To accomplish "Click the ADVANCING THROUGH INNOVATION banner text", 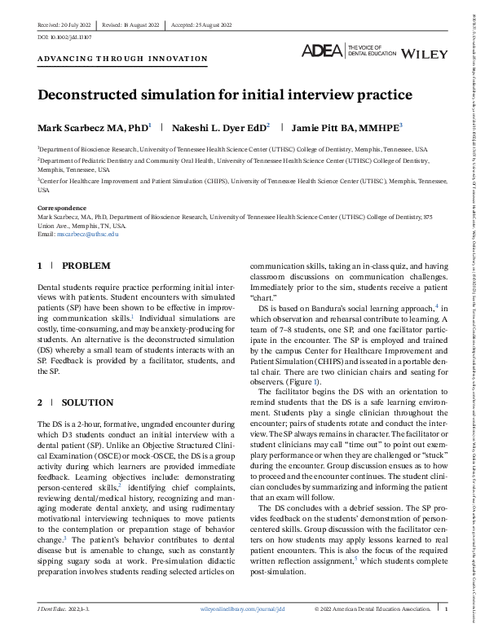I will (x=122, y=59).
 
